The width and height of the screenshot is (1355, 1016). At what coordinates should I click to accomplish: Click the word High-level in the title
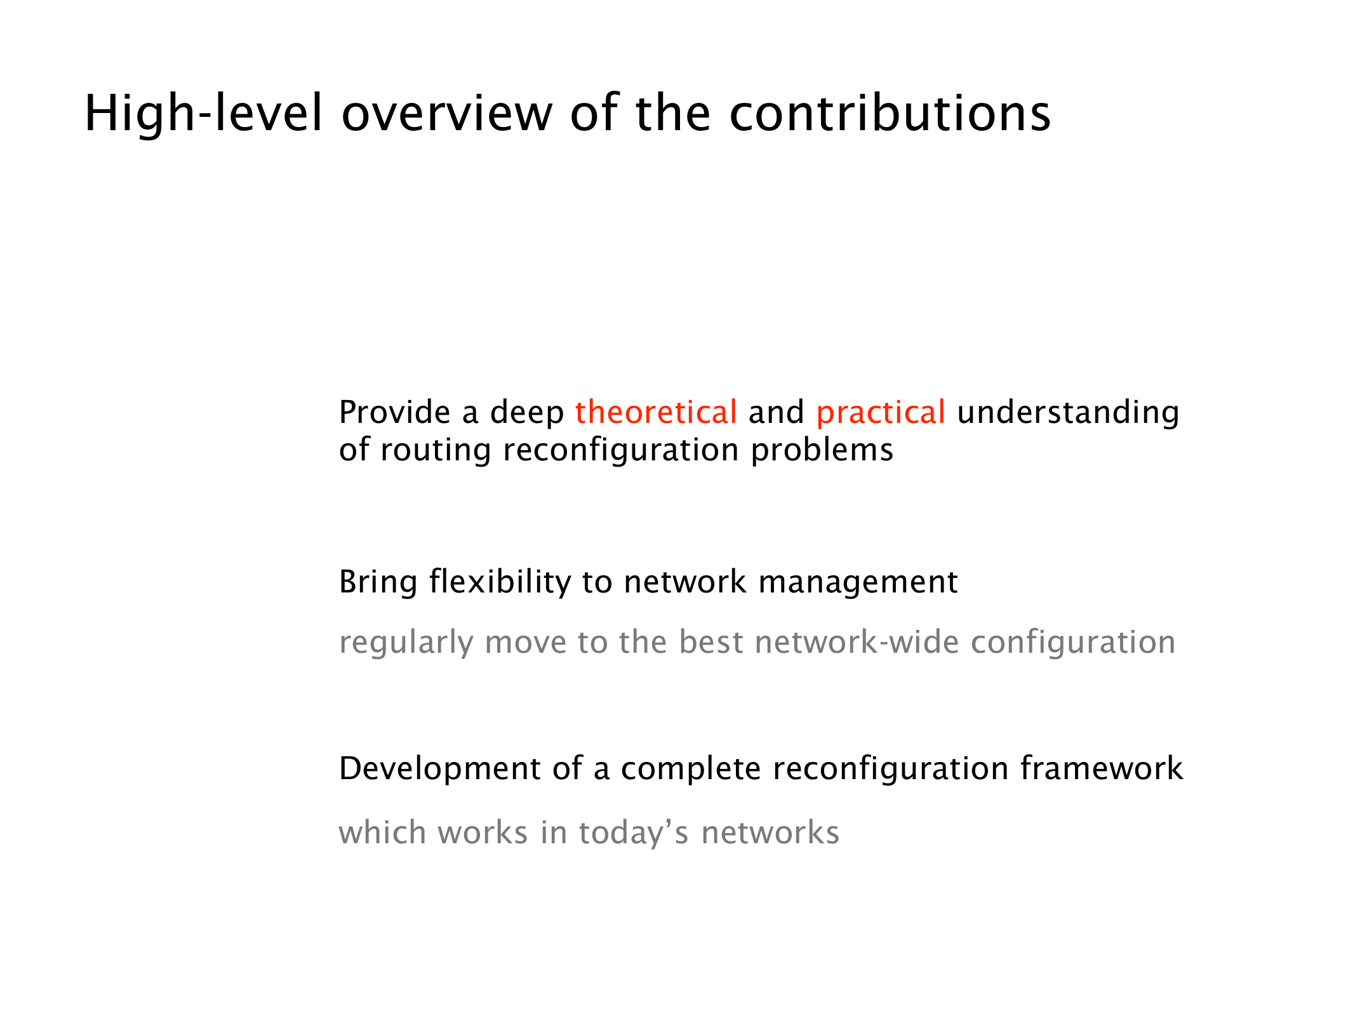(203, 113)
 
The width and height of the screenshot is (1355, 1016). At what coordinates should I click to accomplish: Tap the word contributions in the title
(890, 113)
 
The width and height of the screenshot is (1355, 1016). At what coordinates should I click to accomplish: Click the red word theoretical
(656, 411)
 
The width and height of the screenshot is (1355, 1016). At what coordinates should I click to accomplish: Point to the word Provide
(395, 411)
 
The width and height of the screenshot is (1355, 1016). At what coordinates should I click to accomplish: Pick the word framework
(1102, 768)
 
